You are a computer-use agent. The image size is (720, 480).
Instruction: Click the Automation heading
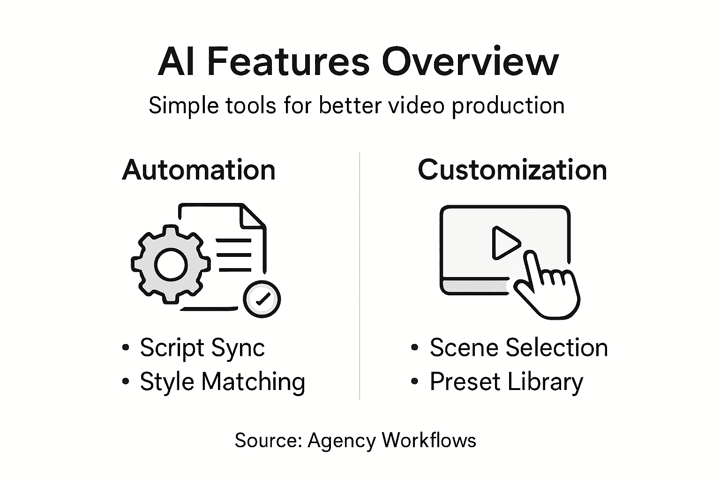199,170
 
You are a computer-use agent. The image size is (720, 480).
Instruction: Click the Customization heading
512,170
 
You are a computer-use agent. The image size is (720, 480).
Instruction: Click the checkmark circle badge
262,299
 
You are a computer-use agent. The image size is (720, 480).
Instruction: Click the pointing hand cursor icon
546,286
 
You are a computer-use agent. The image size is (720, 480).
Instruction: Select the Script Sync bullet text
202,348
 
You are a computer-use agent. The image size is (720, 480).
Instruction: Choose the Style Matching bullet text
222,382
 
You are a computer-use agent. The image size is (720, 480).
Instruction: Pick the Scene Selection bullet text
518,348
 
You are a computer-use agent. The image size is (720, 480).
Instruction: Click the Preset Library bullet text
506,382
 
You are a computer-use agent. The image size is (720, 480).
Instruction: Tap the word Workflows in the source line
429,441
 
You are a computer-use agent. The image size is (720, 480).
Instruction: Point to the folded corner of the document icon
254,217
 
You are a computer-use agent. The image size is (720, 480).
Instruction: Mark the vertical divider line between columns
360,277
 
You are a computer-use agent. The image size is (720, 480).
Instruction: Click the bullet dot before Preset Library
414,382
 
